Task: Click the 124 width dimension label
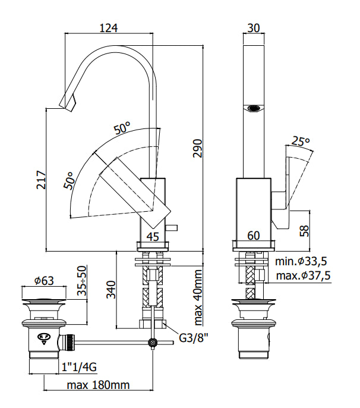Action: (109, 28)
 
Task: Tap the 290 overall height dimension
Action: (198, 148)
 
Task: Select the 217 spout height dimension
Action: (41, 180)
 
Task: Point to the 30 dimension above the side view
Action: (254, 28)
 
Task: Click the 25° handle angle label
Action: (301, 142)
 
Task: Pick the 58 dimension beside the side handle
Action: (304, 231)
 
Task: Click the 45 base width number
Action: (153, 237)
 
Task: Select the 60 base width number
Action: (254, 236)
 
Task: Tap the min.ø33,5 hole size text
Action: (301, 261)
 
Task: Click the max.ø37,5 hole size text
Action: (303, 275)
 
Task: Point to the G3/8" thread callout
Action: (194, 338)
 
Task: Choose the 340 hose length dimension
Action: (111, 290)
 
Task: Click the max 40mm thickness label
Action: (198, 297)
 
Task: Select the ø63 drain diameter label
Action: (44, 281)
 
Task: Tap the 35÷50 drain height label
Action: (82, 281)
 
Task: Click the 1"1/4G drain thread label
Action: (79, 367)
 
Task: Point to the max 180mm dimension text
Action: (98, 385)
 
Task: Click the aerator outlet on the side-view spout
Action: (254, 108)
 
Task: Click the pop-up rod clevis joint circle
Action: (153, 343)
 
